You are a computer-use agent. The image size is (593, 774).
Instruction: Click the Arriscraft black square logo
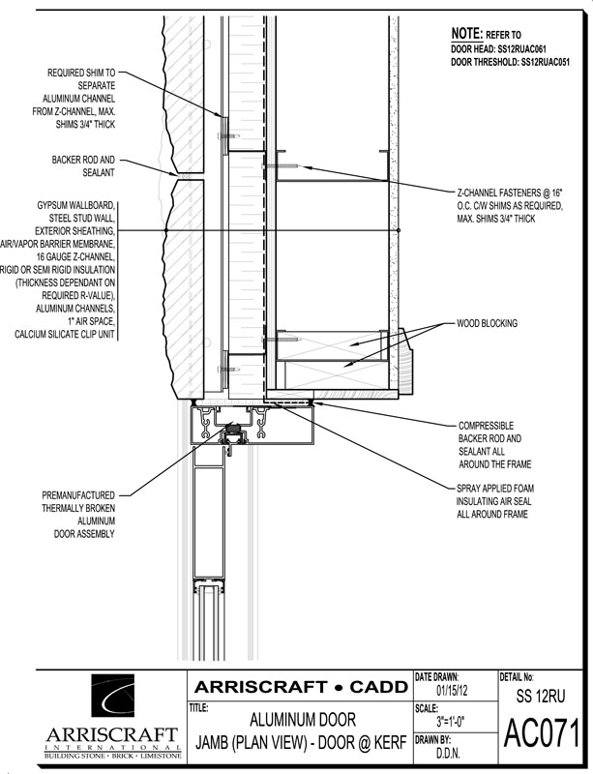pos(112,696)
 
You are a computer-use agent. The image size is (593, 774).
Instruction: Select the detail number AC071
pos(541,734)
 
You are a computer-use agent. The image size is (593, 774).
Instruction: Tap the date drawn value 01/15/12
pos(452,690)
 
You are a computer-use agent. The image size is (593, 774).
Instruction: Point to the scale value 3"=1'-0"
pos(450,722)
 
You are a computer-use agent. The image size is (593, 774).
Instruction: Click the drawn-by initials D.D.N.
pos(448,754)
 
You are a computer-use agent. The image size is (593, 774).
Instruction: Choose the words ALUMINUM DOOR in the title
pos(302,719)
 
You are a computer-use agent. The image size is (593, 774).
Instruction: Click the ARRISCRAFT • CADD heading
pos(301,687)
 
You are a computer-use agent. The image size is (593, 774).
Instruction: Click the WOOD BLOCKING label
pos(487,323)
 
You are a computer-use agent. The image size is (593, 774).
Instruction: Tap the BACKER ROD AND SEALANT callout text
pos(83,166)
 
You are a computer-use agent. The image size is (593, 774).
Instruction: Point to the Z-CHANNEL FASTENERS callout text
pos(510,205)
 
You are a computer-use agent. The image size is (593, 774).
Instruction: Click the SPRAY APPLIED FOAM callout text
pos(494,501)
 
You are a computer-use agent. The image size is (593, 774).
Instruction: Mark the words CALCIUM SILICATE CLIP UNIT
pos(65,334)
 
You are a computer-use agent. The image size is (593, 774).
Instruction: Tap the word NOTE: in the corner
pos(466,34)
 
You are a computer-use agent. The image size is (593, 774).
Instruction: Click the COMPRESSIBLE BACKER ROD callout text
pos(494,445)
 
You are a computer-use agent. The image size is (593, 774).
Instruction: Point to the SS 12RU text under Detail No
pos(541,696)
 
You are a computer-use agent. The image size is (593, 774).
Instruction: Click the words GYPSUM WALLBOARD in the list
pos(76,205)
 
